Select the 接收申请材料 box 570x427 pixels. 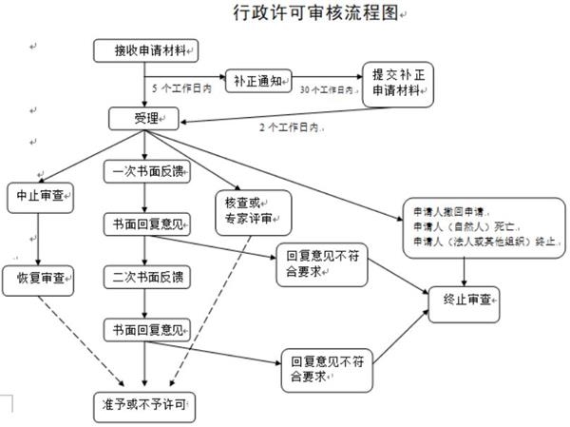146,49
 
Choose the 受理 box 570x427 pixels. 142,119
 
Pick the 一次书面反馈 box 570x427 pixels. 143,171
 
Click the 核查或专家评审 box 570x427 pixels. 252,210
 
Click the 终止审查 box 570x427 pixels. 465,300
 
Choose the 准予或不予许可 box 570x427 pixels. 143,402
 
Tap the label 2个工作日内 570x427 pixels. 288,126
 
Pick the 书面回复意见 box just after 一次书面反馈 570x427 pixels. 143,225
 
